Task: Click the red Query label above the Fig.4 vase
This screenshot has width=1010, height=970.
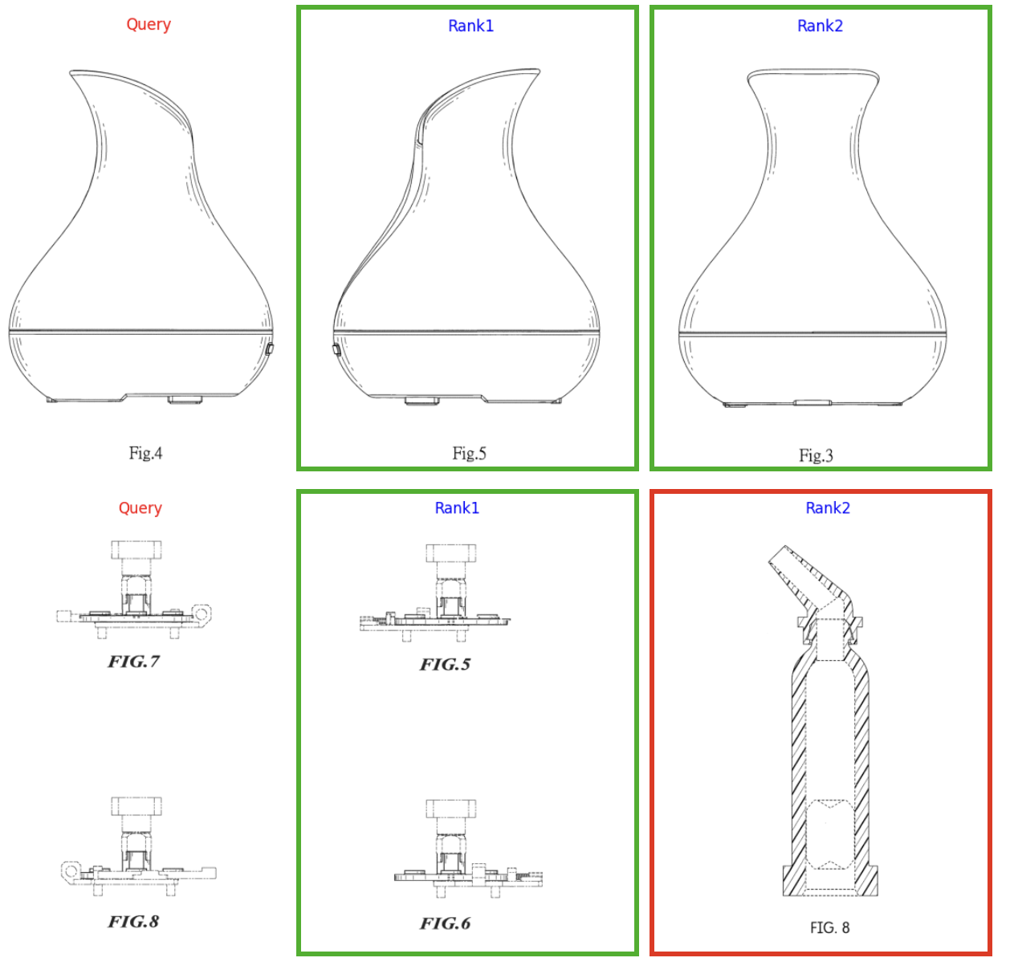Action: [x=149, y=24]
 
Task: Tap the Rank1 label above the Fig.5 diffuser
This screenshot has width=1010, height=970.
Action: [x=470, y=26]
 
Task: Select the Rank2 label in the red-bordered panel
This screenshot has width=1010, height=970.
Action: [x=828, y=507]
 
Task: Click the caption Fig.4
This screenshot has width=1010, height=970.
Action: [x=146, y=453]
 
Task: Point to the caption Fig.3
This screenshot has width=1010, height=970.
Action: [x=816, y=455]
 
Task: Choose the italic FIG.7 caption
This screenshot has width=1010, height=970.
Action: [x=133, y=661]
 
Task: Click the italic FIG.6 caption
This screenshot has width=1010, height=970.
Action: [x=446, y=923]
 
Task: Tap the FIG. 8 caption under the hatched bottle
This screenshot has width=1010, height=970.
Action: [x=830, y=927]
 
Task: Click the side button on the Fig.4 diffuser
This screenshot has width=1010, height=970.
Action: [x=270, y=348]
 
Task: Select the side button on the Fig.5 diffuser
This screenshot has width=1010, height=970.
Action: [x=336, y=350]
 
